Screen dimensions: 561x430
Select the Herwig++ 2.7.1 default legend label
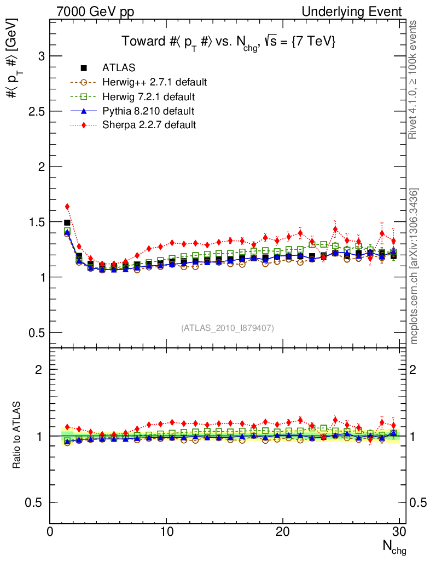coord(154,82)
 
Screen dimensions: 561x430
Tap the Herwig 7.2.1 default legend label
coord(148,97)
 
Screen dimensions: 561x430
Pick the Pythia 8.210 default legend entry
coord(148,111)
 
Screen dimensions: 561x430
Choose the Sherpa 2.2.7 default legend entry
coord(149,125)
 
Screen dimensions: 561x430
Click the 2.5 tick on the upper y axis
coord(32,111)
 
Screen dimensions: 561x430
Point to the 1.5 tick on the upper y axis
coord(32,222)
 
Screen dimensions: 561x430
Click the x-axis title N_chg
coord(394,547)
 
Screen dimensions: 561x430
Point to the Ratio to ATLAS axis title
coord(18,436)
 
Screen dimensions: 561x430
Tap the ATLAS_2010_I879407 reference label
coord(228,328)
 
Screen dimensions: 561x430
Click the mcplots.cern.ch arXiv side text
coord(415,266)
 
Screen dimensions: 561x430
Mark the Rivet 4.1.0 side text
coord(415,79)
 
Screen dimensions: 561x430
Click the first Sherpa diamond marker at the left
coord(67,207)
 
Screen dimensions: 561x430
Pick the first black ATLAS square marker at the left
coord(67,222)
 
